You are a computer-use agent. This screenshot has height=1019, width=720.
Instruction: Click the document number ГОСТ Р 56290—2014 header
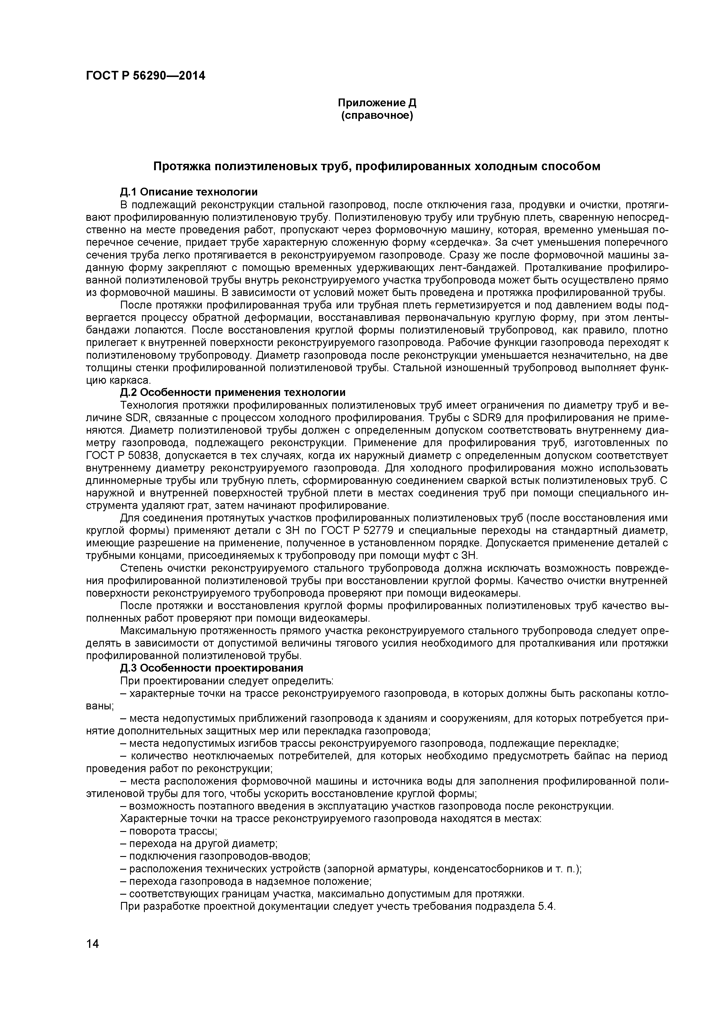tap(145, 76)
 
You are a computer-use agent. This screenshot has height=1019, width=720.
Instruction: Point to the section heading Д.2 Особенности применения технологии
tap(233, 393)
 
